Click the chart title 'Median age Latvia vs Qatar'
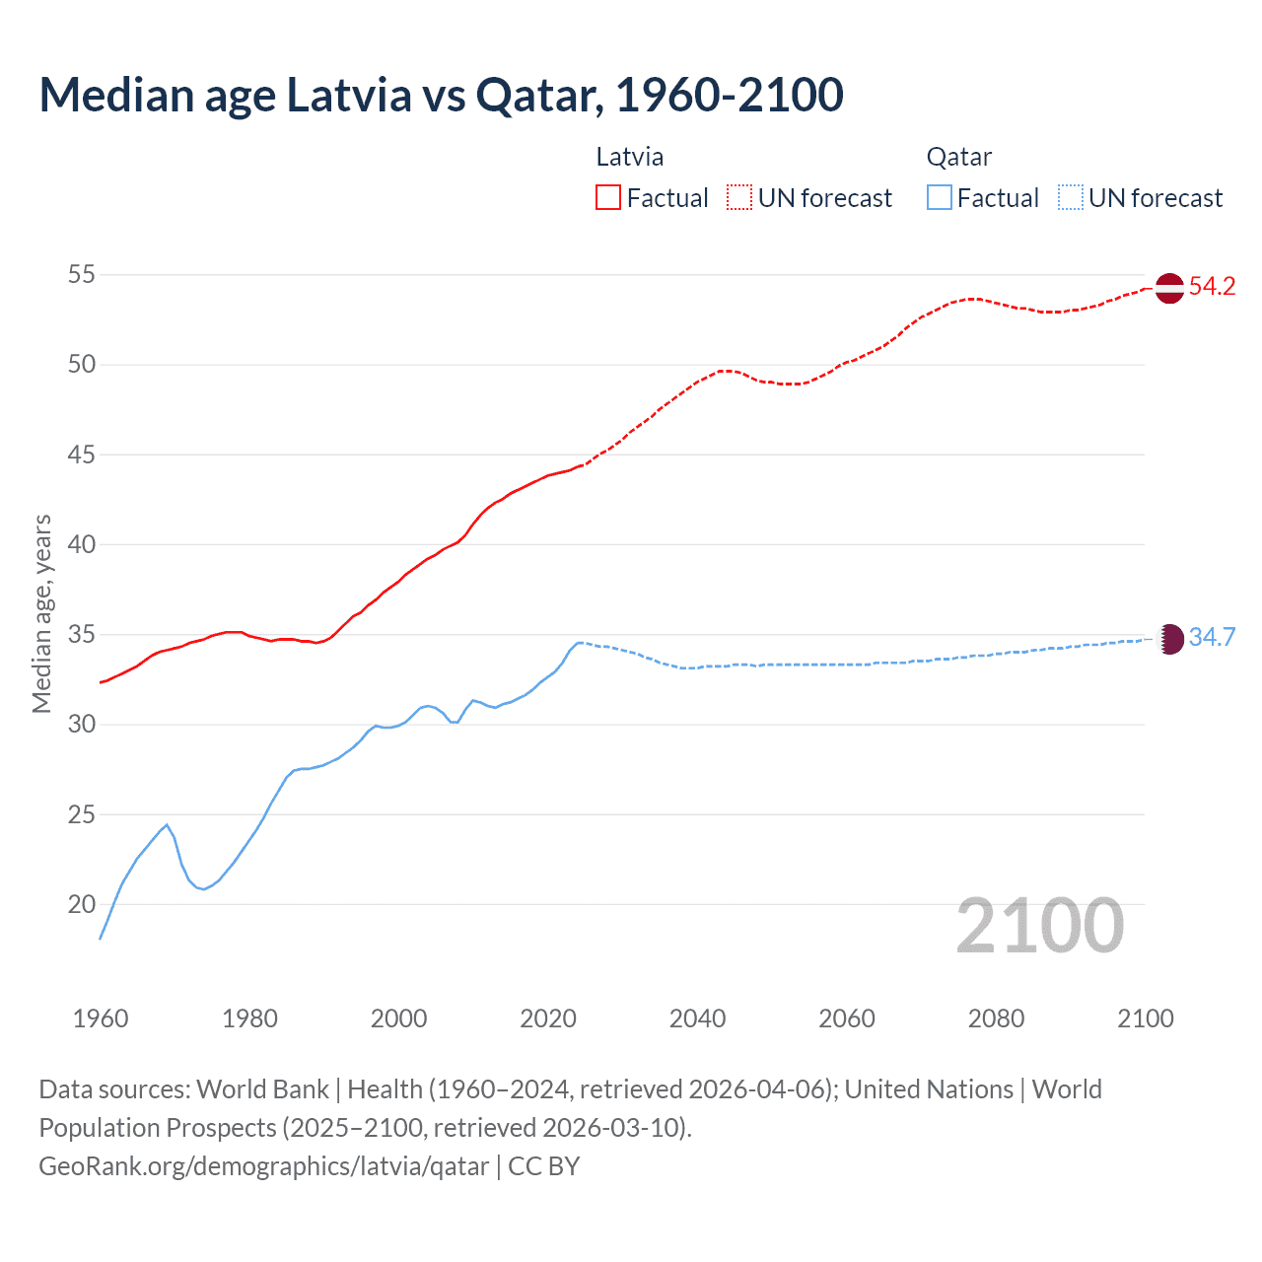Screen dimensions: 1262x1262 [x=441, y=95]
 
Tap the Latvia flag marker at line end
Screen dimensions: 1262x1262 [x=1168, y=288]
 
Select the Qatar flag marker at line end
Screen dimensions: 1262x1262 [x=1168, y=638]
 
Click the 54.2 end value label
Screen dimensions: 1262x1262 [x=1212, y=287]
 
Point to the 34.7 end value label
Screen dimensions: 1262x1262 [x=1212, y=638]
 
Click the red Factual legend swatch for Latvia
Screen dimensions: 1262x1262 [x=608, y=198]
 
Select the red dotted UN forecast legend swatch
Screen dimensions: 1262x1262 [x=739, y=198]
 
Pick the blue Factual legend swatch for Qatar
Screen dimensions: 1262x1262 [x=939, y=198]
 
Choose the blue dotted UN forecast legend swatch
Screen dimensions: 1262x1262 [x=1070, y=198]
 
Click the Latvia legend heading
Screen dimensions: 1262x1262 [x=630, y=157]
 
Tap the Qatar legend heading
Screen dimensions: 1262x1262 [x=958, y=157]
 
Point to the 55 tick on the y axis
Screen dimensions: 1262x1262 [x=82, y=274]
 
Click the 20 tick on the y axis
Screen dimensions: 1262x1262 [x=82, y=904]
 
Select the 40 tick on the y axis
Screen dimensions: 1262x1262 [x=82, y=544]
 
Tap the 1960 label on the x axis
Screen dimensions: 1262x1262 [x=101, y=1018]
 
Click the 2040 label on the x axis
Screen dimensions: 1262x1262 [x=697, y=1018]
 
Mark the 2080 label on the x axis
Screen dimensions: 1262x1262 [x=996, y=1018]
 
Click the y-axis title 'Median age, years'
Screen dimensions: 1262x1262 [x=41, y=613]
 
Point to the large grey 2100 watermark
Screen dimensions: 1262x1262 [x=1039, y=926]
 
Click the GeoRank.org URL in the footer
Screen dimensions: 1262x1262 [x=263, y=1166]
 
